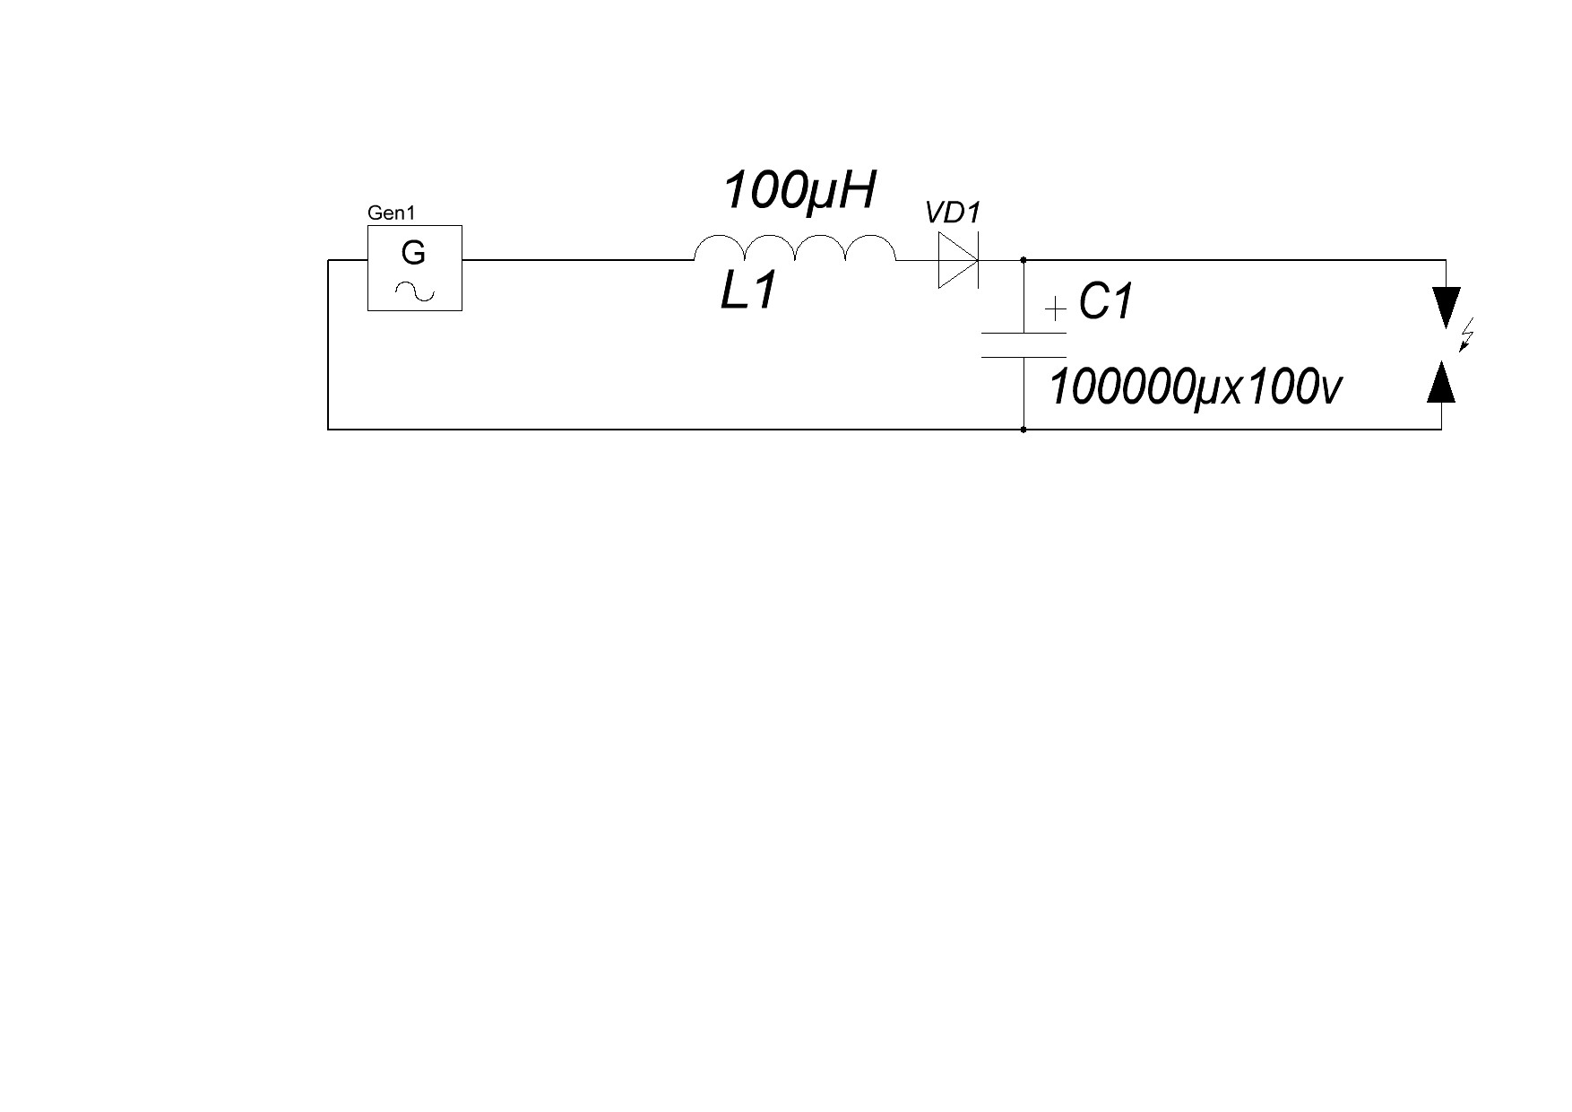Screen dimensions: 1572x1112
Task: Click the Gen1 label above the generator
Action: click(x=391, y=213)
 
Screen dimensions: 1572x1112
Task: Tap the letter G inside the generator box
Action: click(x=413, y=254)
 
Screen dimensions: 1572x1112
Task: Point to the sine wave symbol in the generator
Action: click(x=415, y=291)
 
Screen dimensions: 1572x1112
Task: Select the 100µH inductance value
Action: click(x=799, y=191)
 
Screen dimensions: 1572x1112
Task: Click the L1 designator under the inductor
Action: click(x=748, y=291)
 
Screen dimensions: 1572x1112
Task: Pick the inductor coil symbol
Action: click(x=794, y=248)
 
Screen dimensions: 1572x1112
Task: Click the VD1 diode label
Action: click(x=954, y=213)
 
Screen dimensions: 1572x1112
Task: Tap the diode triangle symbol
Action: click(x=957, y=260)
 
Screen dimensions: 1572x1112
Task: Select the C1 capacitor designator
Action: click(x=1107, y=301)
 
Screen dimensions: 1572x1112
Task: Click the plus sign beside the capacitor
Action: click(x=1057, y=310)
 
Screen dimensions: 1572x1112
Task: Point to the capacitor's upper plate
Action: click(x=1024, y=334)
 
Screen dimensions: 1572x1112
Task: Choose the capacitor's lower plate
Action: click(x=1024, y=357)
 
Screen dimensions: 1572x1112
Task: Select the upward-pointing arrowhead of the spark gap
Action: click(x=1441, y=380)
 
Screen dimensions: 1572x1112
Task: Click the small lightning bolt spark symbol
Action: click(x=1467, y=338)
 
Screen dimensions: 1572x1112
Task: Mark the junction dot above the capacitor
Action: click(x=1024, y=260)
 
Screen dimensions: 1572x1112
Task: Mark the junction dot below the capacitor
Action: click(x=1024, y=430)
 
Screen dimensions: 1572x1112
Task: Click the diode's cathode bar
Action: click(x=978, y=260)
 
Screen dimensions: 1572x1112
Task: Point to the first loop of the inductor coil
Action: click(x=719, y=239)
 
